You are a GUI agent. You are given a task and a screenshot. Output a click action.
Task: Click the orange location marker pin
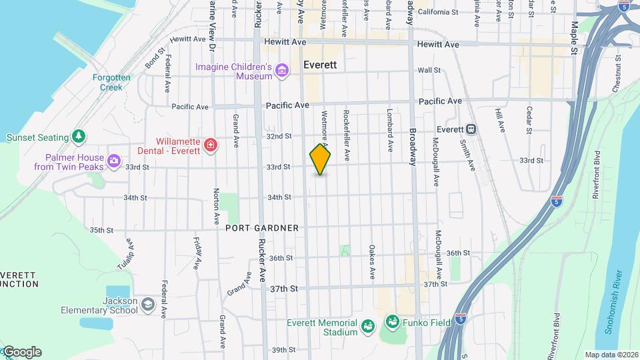coord(320,160)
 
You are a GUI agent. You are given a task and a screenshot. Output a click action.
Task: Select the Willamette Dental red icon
coord(211,145)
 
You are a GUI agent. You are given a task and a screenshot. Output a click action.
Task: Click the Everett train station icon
coord(471,129)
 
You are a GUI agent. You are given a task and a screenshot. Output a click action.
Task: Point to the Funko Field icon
coord(391,323)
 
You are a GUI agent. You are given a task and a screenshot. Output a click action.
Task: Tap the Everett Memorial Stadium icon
coord(367,326)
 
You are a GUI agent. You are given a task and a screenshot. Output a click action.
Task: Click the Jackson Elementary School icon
coord(147,305)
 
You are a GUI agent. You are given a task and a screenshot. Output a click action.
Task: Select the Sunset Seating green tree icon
coord(79,137)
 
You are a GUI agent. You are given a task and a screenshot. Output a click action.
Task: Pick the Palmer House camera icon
coord(114,161)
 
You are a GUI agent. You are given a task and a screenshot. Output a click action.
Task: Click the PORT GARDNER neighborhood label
coord(261,228)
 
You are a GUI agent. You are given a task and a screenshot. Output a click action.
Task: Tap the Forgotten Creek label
coord(107,82)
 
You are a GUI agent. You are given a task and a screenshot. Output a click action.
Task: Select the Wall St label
coord(429,70)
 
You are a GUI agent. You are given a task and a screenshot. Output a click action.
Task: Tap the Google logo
coord(21,351)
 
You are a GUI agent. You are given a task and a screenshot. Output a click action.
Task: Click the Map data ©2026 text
coord(610,355)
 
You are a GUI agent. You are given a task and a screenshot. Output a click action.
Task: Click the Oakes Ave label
coord(372,262)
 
